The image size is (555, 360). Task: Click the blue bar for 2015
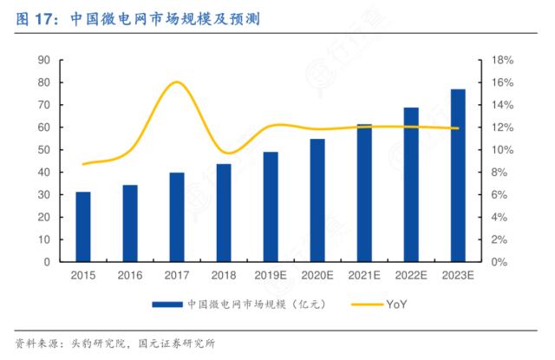pos(83,227)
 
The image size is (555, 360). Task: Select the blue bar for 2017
pos(177,217)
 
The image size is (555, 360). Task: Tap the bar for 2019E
pos(271,206)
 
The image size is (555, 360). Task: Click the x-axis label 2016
pos(130,276)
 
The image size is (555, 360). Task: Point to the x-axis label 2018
pos(224,276)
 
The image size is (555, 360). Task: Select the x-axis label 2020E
pos(317,276)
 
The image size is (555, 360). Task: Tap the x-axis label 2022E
pos(411,276)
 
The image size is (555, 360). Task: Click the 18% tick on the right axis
pos(503,60)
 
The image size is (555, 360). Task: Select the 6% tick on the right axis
pos(501,195)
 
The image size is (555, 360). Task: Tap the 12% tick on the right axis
pos(503,128)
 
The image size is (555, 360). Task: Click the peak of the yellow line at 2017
pos(176,82)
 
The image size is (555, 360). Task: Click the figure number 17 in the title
pos(42,16)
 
